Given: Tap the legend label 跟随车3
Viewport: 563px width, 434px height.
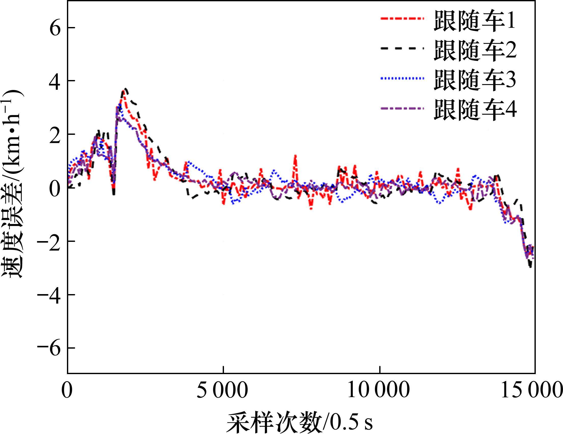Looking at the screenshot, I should (475, 80).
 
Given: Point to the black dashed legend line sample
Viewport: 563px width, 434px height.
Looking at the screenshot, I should (401, 48).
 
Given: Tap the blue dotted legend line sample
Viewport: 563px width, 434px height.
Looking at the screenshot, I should (401, 78).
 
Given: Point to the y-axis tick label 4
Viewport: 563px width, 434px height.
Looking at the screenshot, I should (55, 81).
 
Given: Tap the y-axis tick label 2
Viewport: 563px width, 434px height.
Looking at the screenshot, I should (55, 134).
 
